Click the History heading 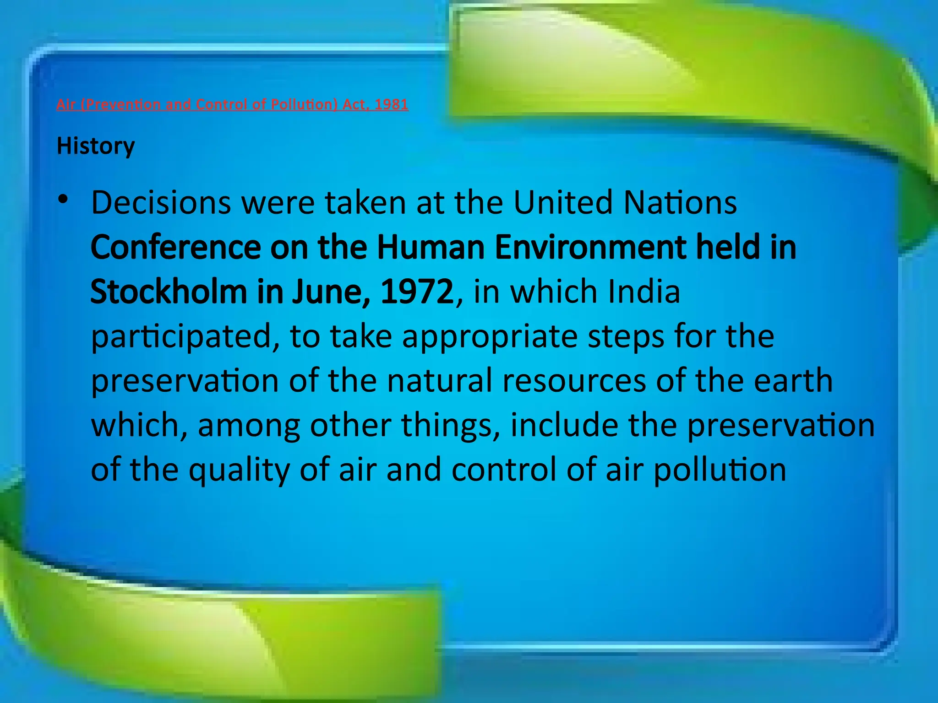point(96,146)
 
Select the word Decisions point(161,203)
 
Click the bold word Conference point(176,248)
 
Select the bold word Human point(431,248)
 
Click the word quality point(240,470)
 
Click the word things point(450,426)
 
